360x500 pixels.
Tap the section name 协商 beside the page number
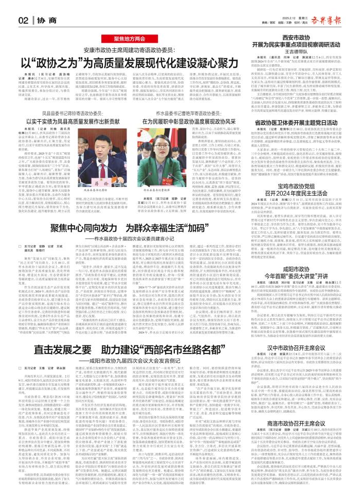[43, 21]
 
